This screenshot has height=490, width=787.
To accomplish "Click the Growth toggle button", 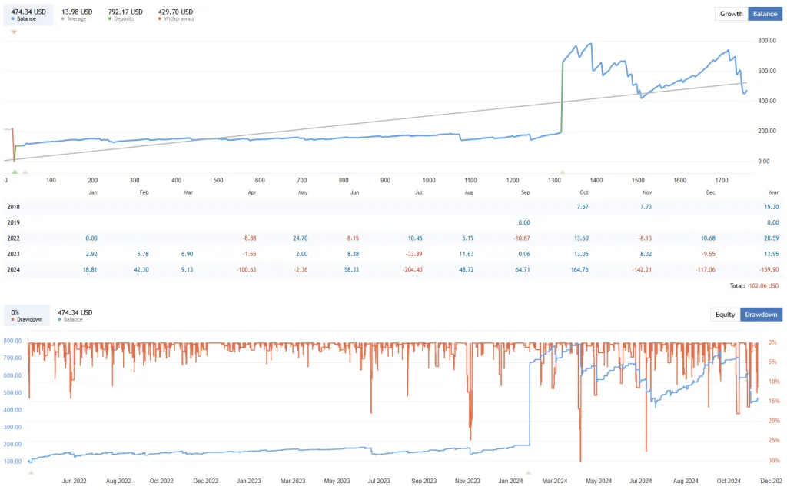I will pyautogui.click(x=731, y=14).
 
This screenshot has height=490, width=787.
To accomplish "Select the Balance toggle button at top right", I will pyautogui.click(x=764, y=14).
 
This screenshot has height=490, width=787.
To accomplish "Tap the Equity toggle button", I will pyautogui.click(x=725, y=314).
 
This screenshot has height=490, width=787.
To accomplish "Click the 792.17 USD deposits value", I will pyautogui.click(x=125, y=12).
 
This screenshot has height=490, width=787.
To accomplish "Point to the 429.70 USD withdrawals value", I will pyautogui.click(x=175, y=12).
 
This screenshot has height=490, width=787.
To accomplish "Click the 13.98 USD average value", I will pyautogui.click(x=77, y=12).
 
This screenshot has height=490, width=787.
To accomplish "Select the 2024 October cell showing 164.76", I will pyautogui.click(x=576, y=270).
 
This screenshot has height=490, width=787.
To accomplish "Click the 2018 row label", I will pyautogui.click(x=13, y=206).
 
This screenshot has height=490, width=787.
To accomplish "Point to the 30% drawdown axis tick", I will pyautogui.click(x=772, y=461).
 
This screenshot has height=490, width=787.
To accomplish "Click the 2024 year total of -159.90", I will pyautogui.click(x=769, y=270).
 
